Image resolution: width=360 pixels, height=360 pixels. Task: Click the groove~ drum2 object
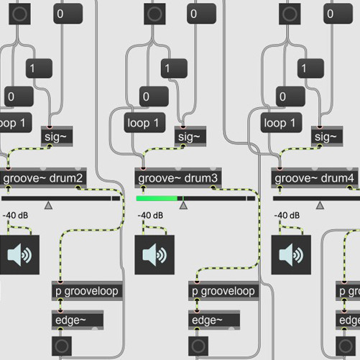[x=43, y=178]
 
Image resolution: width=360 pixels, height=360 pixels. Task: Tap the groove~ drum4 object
[x=315, y=178]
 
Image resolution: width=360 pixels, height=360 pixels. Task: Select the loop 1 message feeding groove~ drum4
[x=284, y=123]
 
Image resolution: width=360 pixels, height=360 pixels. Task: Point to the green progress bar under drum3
[x=157, y=198]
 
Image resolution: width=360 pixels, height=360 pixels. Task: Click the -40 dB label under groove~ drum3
[x=150, y=215]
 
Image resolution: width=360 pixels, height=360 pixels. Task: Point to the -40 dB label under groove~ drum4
[x=287, y=215]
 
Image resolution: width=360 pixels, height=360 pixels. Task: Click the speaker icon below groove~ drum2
[x=20, y=254]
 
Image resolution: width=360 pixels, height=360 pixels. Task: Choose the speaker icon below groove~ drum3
[x=154, y=254]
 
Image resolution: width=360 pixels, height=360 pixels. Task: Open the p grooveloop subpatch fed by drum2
[x=86, y=291]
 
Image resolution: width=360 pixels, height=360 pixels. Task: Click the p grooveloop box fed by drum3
[x=223, y=291]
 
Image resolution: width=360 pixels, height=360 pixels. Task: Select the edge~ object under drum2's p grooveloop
[x=78, y=320]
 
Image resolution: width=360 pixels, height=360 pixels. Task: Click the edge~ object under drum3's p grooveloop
[x=214, y=320]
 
